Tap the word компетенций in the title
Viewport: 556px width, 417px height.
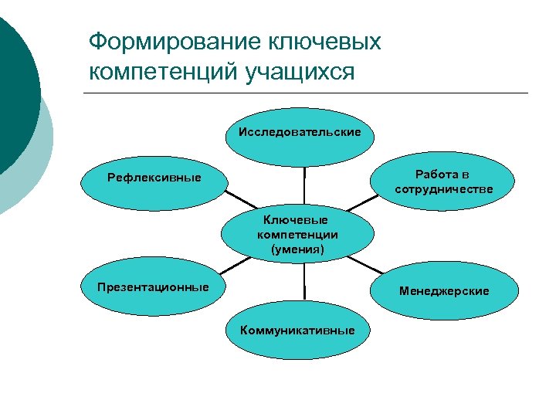pyautogui.click(x=163, y=73)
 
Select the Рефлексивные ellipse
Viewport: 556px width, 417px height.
pyautogui.click(x=154, y=178)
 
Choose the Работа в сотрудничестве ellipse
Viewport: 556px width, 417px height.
pyautogui.click(x=442, y=182)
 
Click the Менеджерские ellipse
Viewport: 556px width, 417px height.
pyautogui.click(x=443, y=291)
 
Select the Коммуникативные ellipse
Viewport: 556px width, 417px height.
pyautogui.click(x=297, y=331)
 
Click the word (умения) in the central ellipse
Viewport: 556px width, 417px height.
pyautogui.click(x=297, y=249)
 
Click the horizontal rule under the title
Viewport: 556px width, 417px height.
pyautogui.click(x=305, y=93)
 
